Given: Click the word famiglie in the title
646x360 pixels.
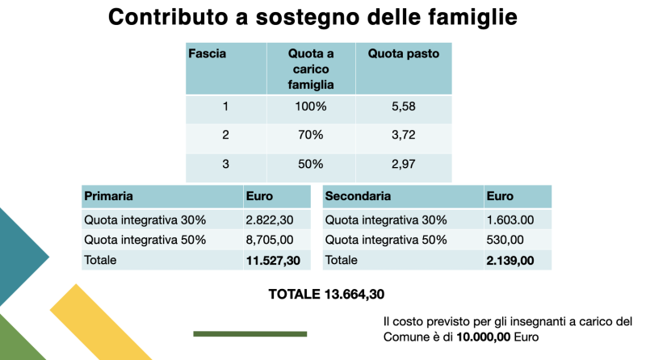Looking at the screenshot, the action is point(472,18).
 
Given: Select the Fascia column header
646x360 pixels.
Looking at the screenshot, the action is point(208,53).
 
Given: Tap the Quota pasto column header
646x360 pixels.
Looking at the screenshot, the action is point(403,53).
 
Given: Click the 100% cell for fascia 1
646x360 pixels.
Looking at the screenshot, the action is point(311,107).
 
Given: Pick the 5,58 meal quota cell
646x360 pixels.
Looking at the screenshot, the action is point(403,107).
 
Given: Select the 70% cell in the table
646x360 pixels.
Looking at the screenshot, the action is point(311,135).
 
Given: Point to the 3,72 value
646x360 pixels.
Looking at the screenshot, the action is point(403,135).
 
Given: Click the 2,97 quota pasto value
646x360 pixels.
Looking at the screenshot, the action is point(403,164).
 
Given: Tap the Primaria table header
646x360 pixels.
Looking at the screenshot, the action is point(108,196).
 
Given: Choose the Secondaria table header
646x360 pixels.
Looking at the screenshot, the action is point(358,195).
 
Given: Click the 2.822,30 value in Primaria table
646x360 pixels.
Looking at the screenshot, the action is point(270,220).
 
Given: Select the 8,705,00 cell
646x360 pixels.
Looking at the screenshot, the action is point(270,240).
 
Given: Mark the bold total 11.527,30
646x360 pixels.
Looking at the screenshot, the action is point(273,261).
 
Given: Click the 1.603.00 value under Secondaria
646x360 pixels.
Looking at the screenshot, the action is point(510,220).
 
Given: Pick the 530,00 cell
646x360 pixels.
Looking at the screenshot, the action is point(505,240).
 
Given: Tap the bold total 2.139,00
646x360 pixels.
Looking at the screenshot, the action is point(510,261).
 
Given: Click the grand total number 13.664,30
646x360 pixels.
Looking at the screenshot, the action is point(354,294).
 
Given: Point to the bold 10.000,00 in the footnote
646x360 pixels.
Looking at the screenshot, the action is point(483,337).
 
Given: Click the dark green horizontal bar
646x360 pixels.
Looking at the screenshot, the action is point(250,334).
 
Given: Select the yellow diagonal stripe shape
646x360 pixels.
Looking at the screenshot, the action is point(101,322).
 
